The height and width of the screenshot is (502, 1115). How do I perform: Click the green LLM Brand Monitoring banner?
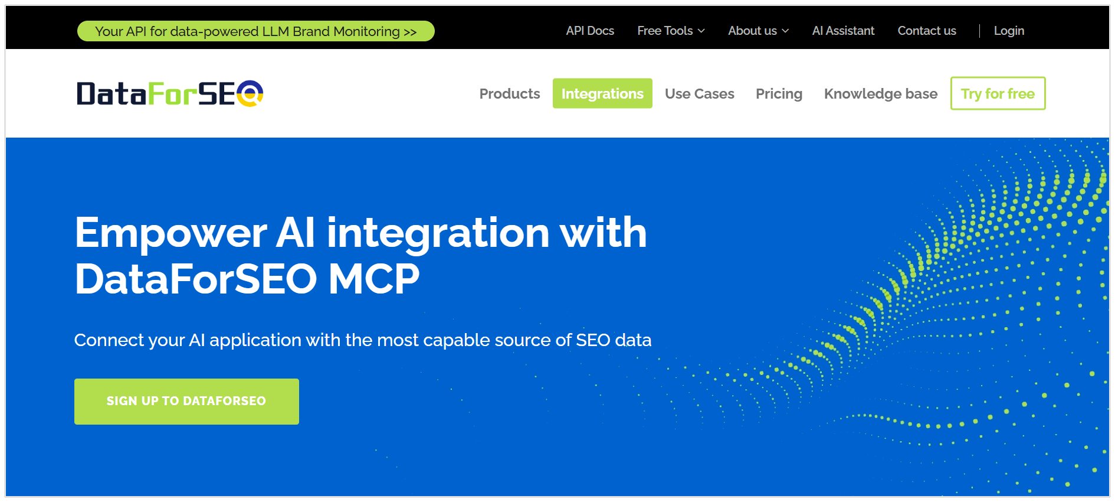(255, 31)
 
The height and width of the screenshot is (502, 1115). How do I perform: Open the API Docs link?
(589, 31)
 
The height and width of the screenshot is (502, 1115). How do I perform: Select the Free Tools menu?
(665, 31)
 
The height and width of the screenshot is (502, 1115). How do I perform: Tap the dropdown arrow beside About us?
(785, 31)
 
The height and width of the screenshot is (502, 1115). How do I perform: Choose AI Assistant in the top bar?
(843, 31)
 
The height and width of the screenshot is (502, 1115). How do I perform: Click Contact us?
(926, 31)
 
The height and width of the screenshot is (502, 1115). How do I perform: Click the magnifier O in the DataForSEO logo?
(250, 93)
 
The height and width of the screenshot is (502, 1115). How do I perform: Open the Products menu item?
(509, 94)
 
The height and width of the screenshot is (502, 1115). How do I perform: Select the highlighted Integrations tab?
(602, 94)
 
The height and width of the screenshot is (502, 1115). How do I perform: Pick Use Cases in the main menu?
(699, 94)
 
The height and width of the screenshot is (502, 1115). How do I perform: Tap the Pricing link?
(779, 94)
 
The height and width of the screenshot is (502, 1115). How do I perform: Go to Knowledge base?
(880, 94)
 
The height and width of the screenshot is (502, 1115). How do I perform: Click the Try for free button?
(998, 94)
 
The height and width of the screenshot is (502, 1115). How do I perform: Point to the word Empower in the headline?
(170, 233)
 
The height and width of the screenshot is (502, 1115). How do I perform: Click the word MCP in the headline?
(373, 279)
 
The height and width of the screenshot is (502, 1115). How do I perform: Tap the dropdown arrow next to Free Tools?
(701, 31)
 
